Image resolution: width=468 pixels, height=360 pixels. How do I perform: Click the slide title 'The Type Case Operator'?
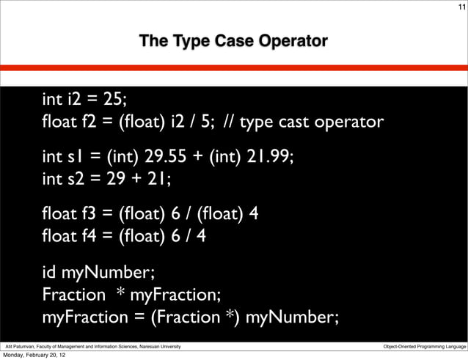click(x=233, y=41)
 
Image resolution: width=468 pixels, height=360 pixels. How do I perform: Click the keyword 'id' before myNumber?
click(x=50, y=274)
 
